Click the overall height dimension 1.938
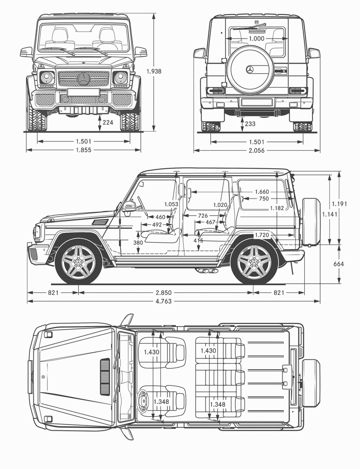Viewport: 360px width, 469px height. coord(154,71)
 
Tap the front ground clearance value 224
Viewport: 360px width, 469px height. coord(108,123)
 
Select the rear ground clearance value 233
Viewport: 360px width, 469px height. coord(249,124)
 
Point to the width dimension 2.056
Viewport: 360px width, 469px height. coord(256,151)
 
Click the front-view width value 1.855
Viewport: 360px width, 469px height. coord(83,150)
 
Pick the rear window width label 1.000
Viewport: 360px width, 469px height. coord(256,39)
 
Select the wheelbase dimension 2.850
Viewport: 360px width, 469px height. coord(163,292)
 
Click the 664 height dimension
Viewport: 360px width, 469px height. coord(338,264)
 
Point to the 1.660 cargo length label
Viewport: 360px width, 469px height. coord(262,192)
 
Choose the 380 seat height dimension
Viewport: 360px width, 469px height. coord(138,243)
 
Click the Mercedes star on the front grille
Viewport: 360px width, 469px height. coord(84,79)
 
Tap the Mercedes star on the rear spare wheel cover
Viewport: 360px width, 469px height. coord(250,70)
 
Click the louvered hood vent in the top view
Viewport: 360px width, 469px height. coord(105,377)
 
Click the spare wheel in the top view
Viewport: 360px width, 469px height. coord(311,383)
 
